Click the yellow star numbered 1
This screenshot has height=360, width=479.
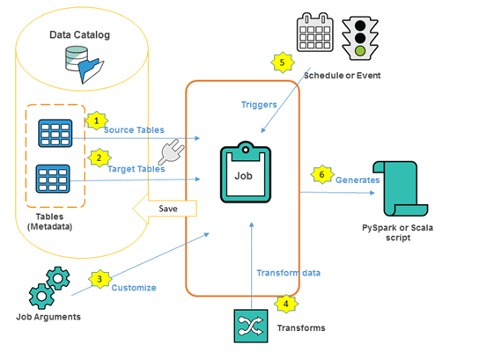pos(97,121)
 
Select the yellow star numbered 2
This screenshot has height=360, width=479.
pos(99,158)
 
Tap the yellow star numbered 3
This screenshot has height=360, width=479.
pos(99,279)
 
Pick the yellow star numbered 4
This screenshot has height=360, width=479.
pos(286,304)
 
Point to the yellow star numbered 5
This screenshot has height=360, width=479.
pos(283,62)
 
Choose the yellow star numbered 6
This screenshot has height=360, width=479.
pos(322,174)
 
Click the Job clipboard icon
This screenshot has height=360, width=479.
pos(246,173)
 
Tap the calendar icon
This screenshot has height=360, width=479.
pos(315,32)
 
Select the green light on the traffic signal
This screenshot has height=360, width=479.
pos(360,51)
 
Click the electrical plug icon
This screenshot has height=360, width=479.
pos(172,151)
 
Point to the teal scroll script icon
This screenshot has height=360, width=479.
pos(400,188)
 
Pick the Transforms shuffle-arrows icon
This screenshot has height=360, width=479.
pos(251,326)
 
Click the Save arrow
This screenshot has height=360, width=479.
pos(165,209)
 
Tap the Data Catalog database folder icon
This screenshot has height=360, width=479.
pos(85,64)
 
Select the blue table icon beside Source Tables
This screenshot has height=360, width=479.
pos(55,134)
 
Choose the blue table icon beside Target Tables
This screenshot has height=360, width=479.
pos(53,179)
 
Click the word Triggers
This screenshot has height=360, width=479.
pos(259,105)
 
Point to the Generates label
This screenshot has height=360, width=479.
pos(357,180)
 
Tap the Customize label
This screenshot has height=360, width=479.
pos(134,288)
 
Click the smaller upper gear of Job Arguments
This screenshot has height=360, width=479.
pos(58,278)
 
